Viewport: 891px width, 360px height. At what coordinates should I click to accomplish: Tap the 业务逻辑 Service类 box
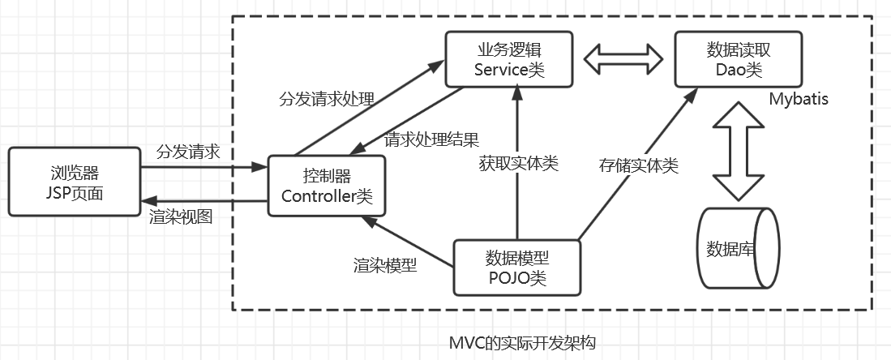508,59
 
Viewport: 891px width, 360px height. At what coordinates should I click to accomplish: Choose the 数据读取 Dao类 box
739,59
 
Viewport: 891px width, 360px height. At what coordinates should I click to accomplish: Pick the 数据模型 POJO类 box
517,268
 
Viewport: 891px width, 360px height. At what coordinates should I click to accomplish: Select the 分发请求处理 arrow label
326,100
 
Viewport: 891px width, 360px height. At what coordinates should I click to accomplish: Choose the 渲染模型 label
385,264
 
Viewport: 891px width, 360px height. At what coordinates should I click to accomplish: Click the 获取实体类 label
519,163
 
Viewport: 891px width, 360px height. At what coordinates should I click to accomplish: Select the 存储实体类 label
638,165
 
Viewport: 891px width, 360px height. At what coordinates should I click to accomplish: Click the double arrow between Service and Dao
623,59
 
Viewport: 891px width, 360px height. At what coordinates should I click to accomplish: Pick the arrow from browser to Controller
203,169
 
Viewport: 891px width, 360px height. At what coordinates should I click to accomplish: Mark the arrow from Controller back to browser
203,201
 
